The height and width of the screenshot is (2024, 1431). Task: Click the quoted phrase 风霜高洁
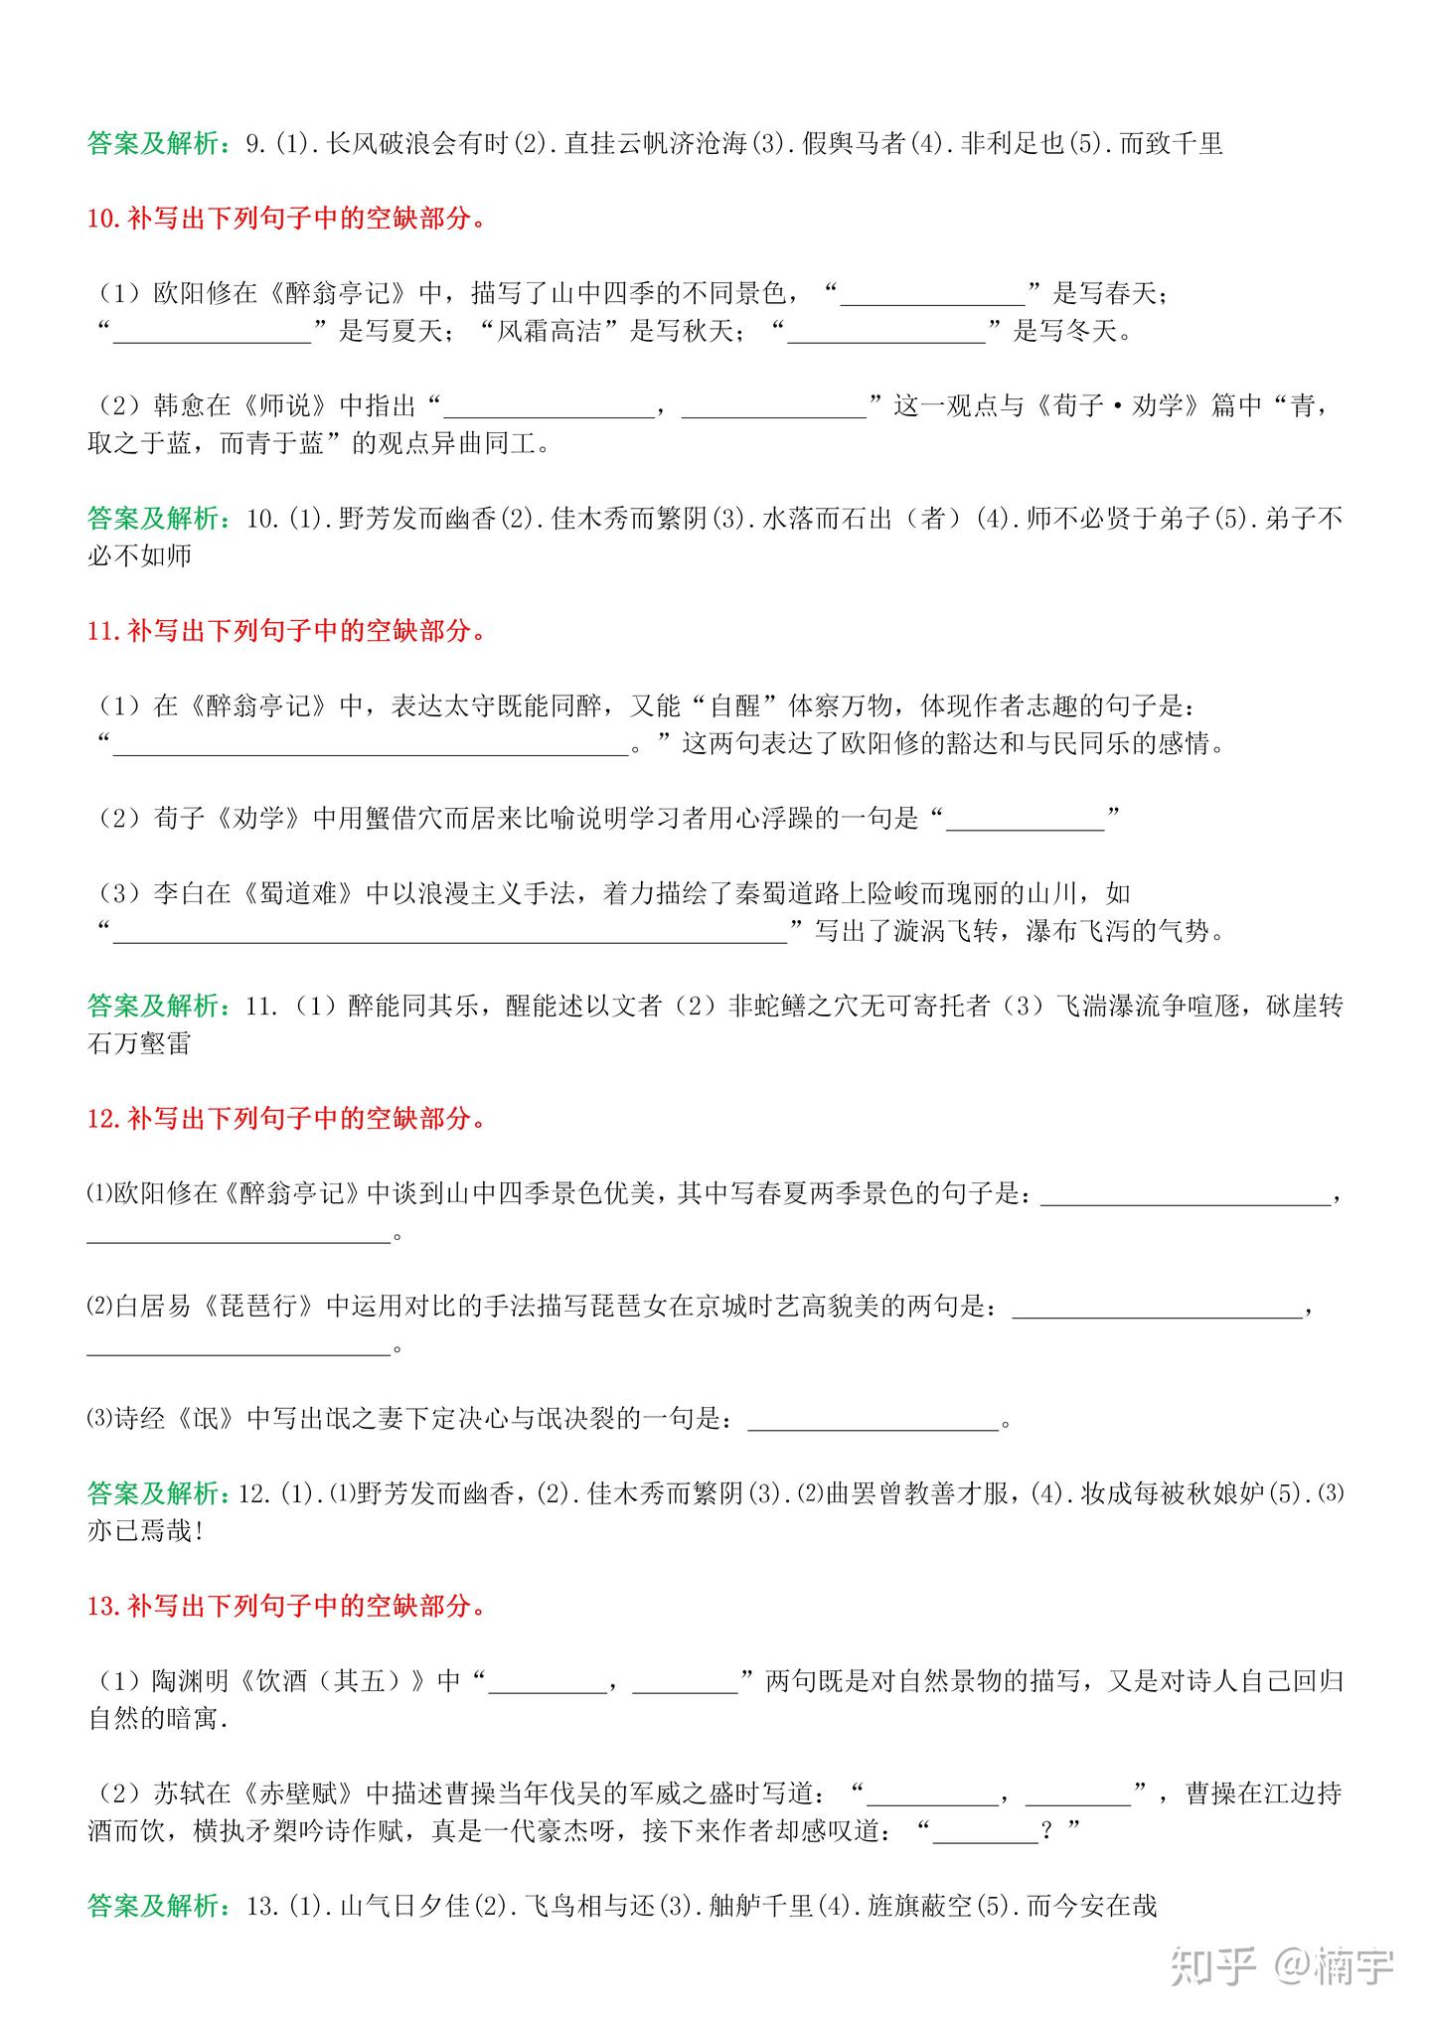tap(550, 330)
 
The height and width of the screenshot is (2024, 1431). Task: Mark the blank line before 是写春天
tap(932, 295)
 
